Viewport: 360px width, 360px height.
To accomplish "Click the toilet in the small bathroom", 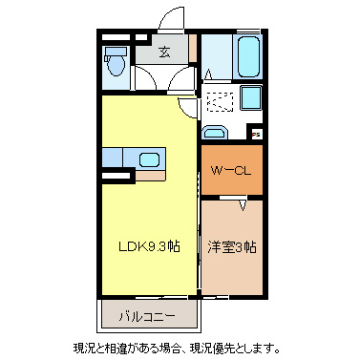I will coord(116,65).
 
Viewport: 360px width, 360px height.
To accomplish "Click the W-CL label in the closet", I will coord(230,172).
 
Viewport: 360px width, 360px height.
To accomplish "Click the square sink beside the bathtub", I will coord(251,97).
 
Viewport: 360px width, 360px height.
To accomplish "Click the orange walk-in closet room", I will coord(230,171).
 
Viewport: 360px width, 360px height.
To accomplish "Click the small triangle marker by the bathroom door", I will coord(207,74).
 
